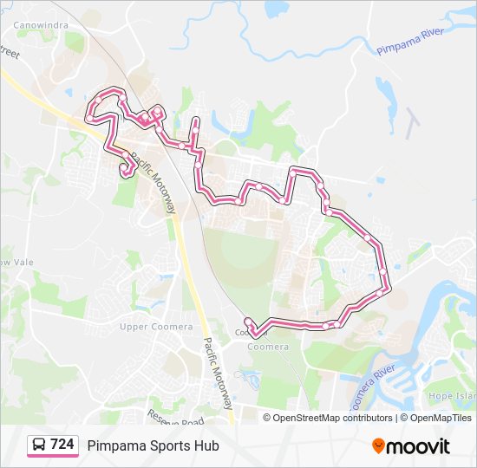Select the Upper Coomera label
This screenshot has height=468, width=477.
pyautogui.click(x=144, y=326)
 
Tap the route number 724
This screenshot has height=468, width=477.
pyautogui.click(x=62, y=445)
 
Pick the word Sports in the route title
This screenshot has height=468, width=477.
pyautogui.click(x=168, y=445)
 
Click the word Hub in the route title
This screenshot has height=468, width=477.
pyautogui.click(x=206, y=445)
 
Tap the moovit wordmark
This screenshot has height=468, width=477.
pyautogui.click(x=419, y=446)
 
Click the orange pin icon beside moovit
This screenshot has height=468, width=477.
pyautogui.click(x=379, y=445)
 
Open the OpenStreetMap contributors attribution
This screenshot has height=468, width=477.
pyautogui.click(x=332, y=418)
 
